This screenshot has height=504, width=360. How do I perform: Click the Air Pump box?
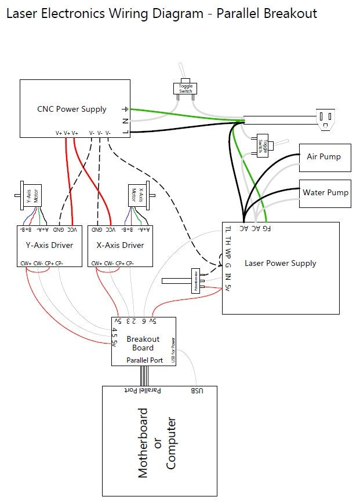(324, 157)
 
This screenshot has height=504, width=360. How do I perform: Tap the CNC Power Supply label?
(72, 109)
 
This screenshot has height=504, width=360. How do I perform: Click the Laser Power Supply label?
(280, 263)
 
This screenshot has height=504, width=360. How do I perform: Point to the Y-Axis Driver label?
(45, 245)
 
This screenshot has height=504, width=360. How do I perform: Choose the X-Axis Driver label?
(120, 245)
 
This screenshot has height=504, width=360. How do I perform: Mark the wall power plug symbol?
(325, 119)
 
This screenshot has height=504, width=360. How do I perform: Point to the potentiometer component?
(195, 281)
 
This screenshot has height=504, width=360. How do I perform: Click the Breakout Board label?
(143, 343)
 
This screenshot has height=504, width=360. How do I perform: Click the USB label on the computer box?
(197, 391)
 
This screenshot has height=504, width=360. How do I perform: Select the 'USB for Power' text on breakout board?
(173, 350)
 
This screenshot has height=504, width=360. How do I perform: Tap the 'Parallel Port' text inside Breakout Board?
(144, 360)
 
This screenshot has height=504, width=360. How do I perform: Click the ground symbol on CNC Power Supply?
(124, 109)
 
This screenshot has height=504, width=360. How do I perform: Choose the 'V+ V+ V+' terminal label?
(67, 133)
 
